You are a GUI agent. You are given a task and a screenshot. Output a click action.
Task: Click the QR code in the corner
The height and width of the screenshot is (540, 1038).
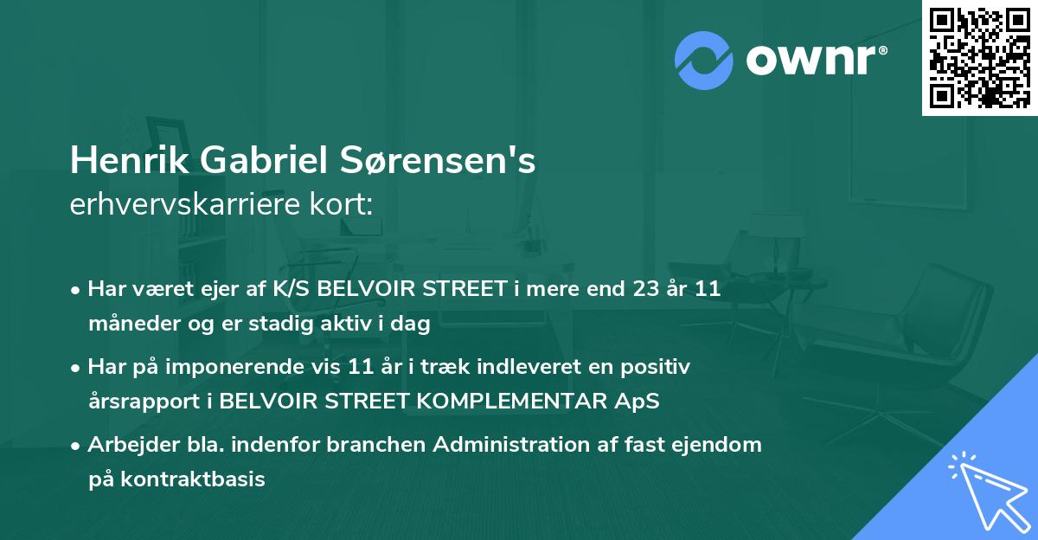coord(979,58)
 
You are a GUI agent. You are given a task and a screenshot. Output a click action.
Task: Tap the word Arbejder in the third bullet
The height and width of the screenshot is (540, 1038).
coord(124,445)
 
